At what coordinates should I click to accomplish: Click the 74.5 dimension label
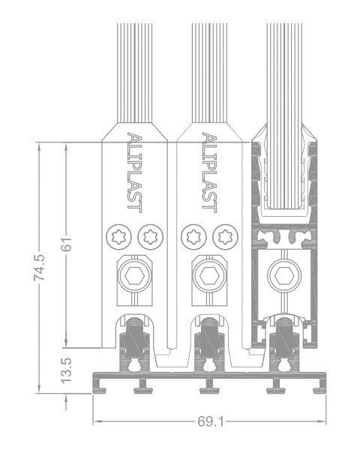pos(39,268)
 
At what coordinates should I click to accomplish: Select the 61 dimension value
pos(67,244)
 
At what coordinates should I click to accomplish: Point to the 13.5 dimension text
pos(67,370)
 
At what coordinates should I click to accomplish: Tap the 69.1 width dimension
pos(211,421)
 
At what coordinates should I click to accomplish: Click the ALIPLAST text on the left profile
pos(135,172)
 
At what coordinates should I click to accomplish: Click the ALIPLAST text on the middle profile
pos(209,172)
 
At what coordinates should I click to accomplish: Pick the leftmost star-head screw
pos(118,237)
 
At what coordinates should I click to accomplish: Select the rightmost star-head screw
pos(225,237)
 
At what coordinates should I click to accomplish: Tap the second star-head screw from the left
pos(151,237)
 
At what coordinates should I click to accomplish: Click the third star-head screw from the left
pos(193,237)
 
